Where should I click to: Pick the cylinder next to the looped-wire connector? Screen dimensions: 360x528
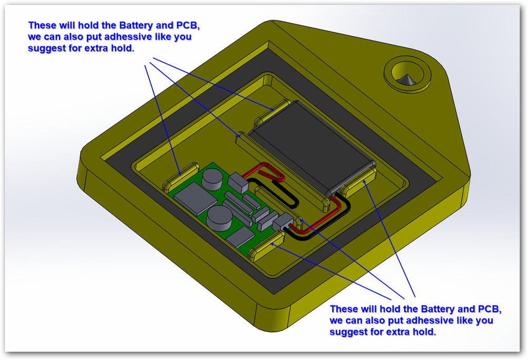(x=213, y=180)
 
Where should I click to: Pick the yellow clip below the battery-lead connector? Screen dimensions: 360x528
(x=268, y=246)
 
